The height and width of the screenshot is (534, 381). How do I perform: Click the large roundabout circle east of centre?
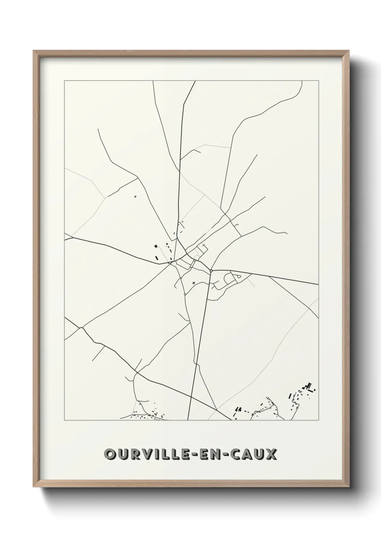211,270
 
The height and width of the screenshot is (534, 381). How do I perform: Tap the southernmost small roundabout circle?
185,294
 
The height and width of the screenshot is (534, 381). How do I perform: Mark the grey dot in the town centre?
194,283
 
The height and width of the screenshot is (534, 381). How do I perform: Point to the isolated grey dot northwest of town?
135,197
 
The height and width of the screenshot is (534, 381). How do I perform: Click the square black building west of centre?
156,246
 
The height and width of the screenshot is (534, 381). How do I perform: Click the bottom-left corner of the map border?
64,420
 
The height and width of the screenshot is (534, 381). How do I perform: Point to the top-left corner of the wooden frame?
33,51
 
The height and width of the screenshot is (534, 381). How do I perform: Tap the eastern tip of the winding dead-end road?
287,233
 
